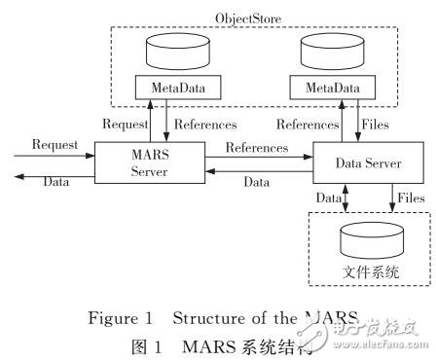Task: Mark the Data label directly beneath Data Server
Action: tap(328, 198)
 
